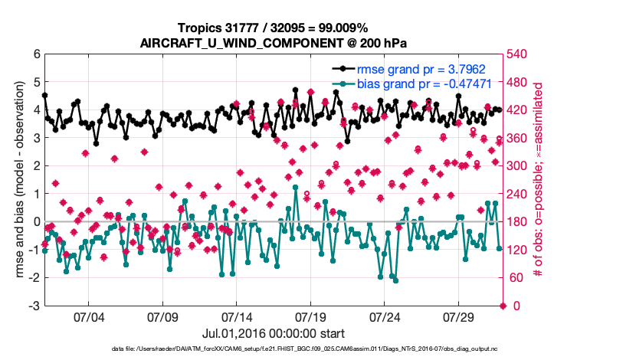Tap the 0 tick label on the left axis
pos(36,222)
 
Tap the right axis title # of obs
pos(538,180)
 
